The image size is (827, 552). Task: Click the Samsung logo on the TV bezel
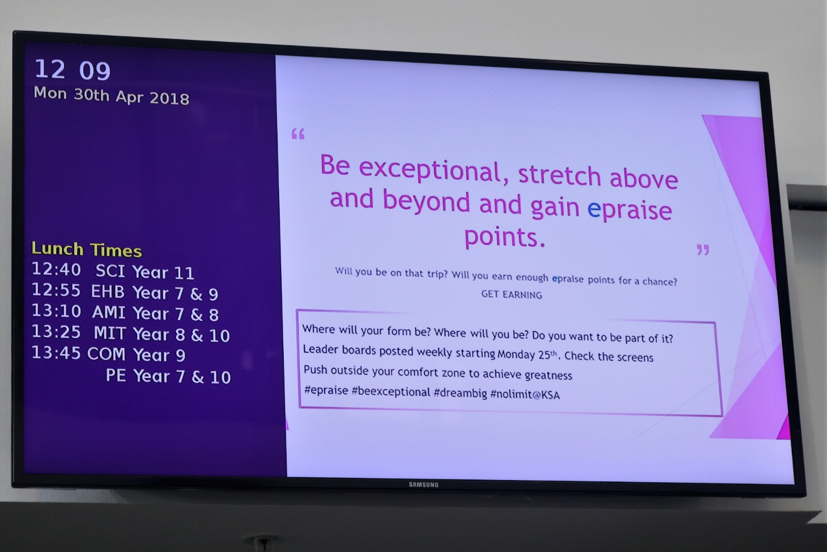pos(423,484)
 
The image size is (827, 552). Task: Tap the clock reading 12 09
pos(73,70)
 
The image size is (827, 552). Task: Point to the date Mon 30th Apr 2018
pos(111,96)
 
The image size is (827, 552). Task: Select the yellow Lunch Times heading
pos(86,249)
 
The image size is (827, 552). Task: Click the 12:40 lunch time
pos(56,270)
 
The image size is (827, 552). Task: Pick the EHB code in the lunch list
pos(108,292)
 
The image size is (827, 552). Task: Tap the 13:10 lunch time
pos(56,311)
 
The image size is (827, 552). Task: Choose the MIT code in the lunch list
pos(110,333)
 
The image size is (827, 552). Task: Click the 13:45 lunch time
pos(56,353)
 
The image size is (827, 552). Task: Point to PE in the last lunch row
pos(116,376)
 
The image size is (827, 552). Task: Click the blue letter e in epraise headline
pos(594,209)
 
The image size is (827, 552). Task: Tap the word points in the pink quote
pos(504,237)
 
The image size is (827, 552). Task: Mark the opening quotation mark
pos(298,134)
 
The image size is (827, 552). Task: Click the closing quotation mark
pos(703,250)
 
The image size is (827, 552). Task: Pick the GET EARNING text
pos(512,294)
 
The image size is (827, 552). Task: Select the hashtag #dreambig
pos(461,393)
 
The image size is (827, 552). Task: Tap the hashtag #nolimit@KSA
pos(525,395)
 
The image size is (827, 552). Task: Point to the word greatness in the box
pos(548,375)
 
